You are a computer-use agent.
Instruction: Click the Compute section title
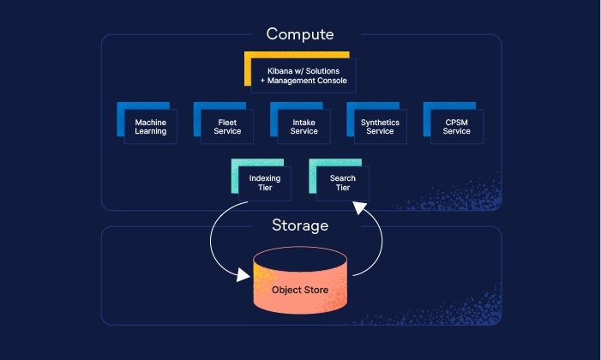point(299,34)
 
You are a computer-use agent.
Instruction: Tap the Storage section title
point(300,226)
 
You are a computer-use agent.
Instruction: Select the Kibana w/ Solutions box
point(304,75)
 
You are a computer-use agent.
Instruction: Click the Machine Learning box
point(151,127)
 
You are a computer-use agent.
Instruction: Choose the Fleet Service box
point(227,127)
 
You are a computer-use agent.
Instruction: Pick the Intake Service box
point(304,127)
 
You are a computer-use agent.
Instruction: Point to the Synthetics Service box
point(380,127)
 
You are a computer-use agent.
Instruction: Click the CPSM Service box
point(456,127)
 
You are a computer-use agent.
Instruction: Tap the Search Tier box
point(342,183)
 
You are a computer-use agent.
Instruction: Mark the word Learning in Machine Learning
point(151,132)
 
